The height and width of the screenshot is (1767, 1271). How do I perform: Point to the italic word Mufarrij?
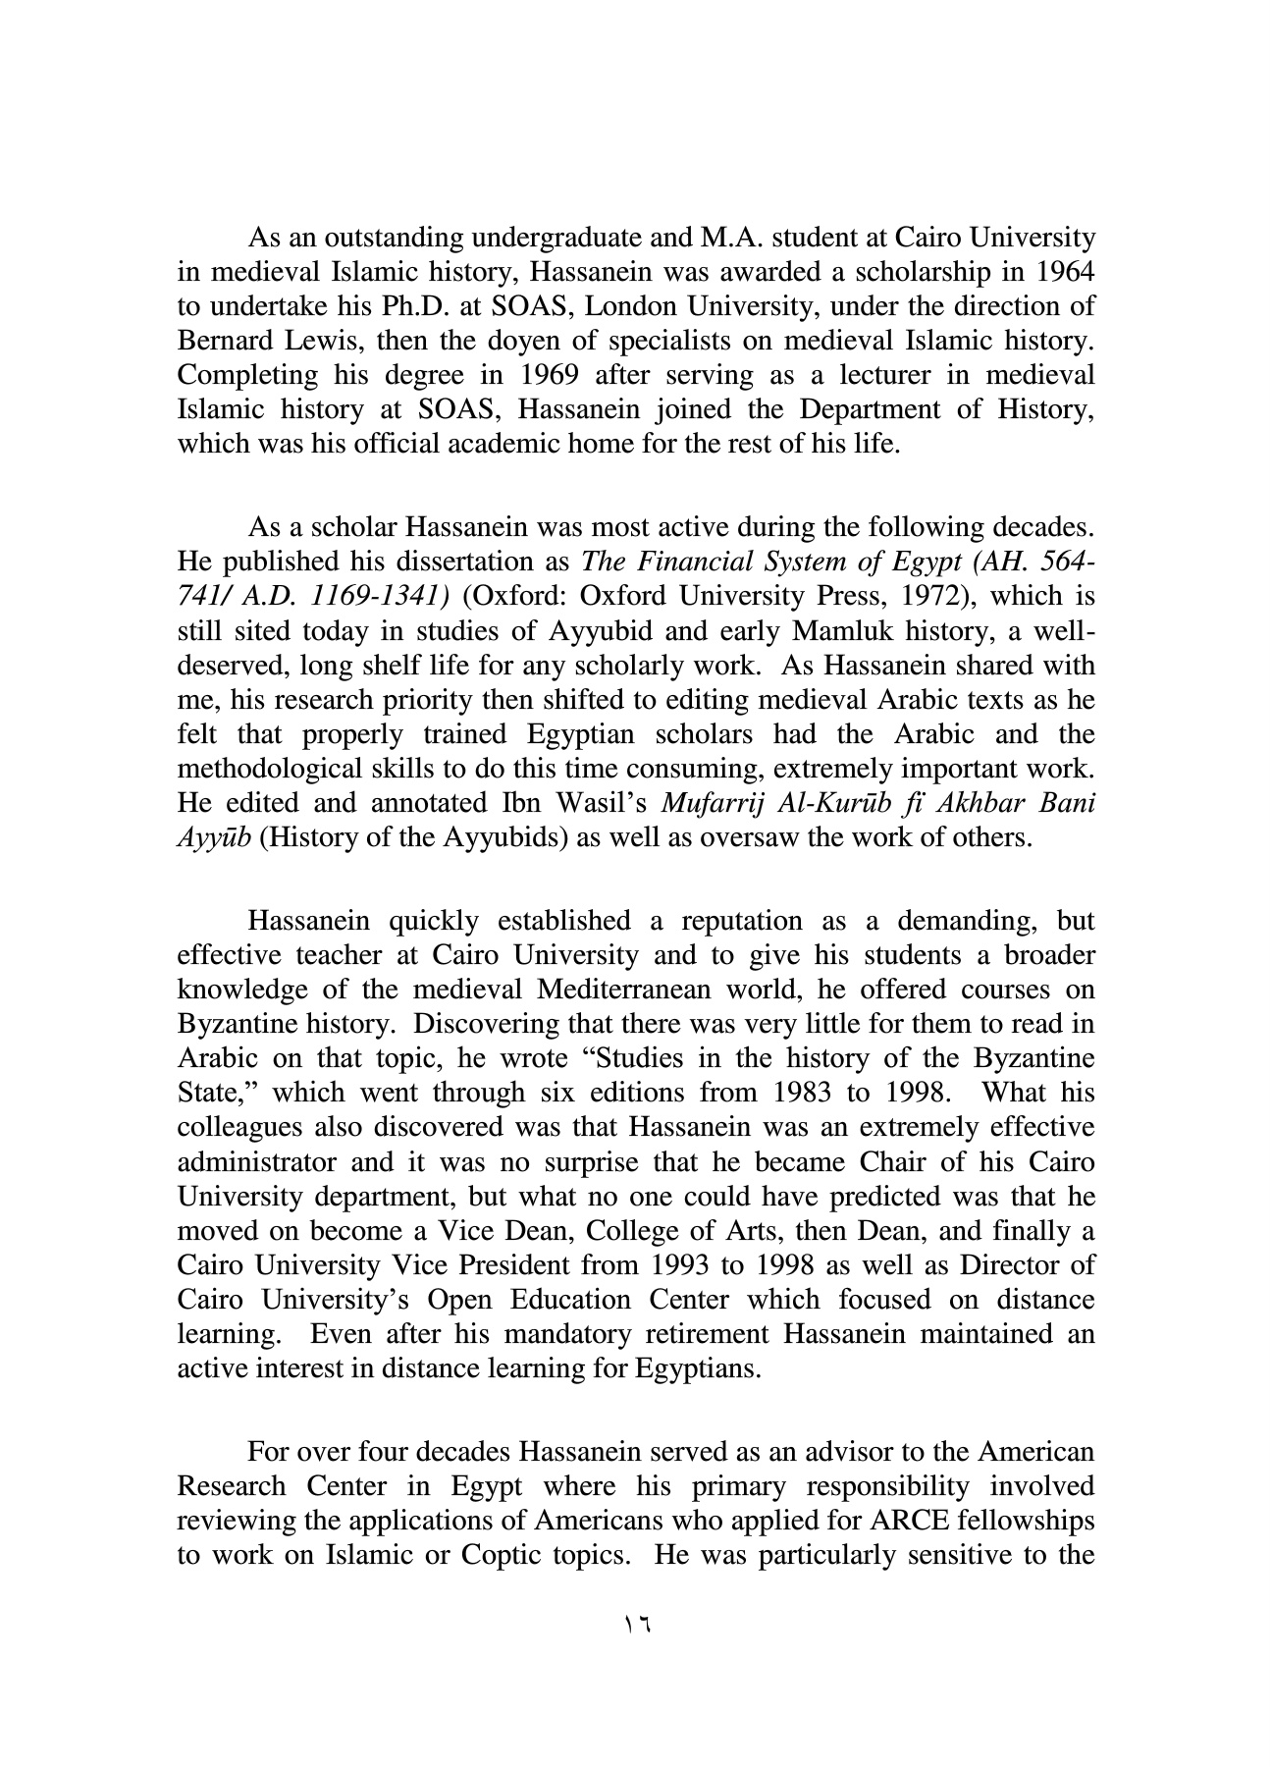[711, 803]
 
